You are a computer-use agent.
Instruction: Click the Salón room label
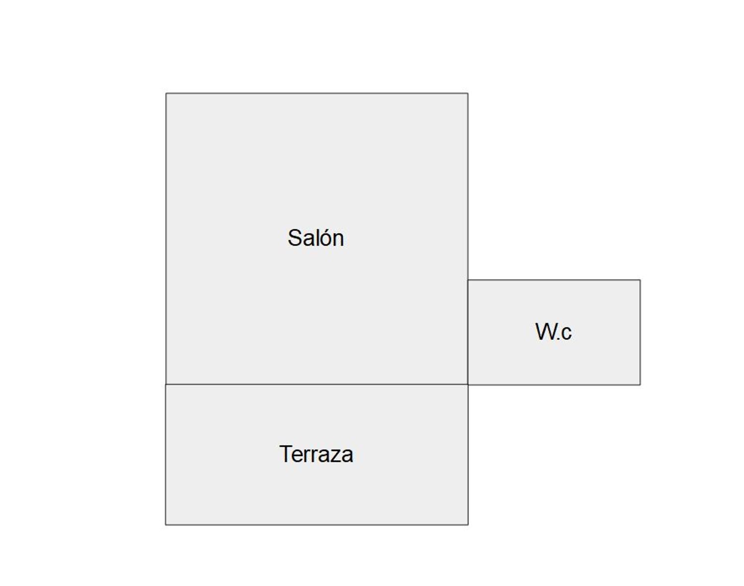(315, 238)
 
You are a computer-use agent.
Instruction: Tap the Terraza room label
(316, 454)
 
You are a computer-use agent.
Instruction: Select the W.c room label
(554, 331)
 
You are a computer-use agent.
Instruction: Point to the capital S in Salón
(295, 238)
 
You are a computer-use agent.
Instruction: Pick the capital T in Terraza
(287, 454)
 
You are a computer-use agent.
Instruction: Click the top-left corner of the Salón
(166, 93)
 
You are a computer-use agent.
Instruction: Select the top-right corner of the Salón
(468, 93)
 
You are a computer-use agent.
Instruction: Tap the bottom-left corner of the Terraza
(166, 525)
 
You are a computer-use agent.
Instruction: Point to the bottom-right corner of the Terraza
(468, 525)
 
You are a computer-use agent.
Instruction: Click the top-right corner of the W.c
(640, 280)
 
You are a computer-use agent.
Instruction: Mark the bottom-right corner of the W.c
(640, 385)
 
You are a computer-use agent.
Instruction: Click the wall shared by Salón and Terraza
(317, 384)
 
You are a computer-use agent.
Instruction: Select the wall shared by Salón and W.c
(468, 332)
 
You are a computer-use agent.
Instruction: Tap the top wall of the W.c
(554, 280)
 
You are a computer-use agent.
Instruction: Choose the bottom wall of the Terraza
(317, 525)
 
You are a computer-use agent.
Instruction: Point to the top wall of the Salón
(317, 93)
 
